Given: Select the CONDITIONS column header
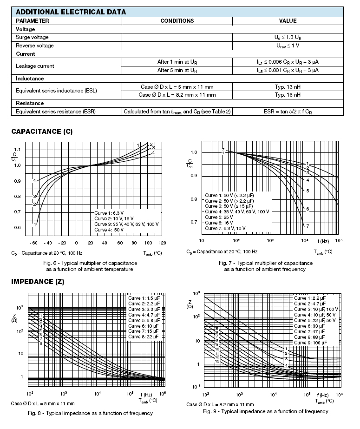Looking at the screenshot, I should tap(177, 21).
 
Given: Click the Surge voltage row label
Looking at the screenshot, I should tap(32, 37).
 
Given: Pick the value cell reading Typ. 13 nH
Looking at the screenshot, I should tap(288, 87).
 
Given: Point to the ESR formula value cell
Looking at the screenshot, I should tap(288, 112).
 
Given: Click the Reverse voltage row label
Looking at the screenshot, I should tap(35, 46).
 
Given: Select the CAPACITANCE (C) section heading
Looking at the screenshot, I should tap(42, 132).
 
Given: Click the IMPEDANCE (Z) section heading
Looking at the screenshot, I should tap(38, 282).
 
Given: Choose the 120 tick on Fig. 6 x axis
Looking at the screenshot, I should tap(162, 243).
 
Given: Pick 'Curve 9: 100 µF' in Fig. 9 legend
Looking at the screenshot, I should tap(310, 343).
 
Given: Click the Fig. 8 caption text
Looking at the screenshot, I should tap(90, 413).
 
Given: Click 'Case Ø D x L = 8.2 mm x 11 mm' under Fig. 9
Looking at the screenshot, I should tap(220, 404).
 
